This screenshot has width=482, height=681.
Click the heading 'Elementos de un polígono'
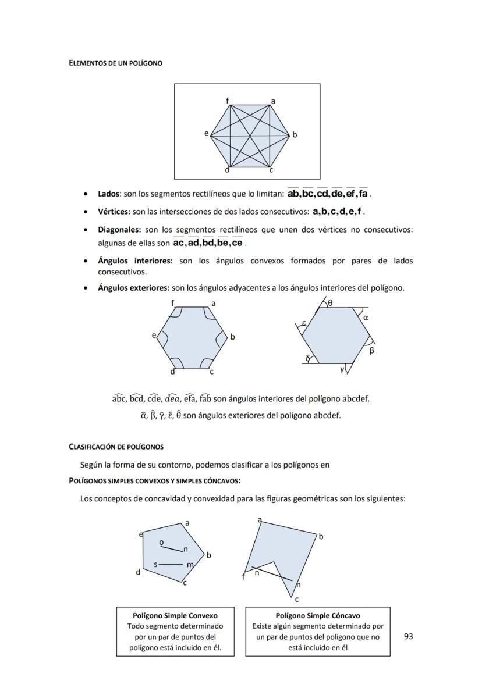[115, 63]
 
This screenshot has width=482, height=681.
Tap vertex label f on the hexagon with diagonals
[228, 101]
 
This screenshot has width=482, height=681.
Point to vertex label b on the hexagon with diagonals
[295, 135]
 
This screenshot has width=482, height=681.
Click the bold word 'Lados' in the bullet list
[108, 194]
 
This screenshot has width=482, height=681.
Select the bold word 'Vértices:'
[114, 211]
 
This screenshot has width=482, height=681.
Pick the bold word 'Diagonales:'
[119, 230]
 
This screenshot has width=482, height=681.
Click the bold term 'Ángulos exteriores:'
[133, 288]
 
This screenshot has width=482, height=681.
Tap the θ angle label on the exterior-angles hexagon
[330, 303]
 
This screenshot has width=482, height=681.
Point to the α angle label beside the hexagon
[366, 318]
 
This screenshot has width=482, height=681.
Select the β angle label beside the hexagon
[372, 350]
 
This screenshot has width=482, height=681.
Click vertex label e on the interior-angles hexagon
[154, 336]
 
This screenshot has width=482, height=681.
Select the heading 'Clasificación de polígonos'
[116, 447]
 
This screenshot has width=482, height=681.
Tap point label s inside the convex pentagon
[155, 564]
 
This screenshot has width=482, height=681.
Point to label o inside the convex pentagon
[161, 543]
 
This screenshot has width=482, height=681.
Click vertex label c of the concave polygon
[297, 599]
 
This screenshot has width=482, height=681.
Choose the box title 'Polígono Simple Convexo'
[175, 615]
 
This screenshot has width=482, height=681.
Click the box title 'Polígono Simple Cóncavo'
[317, 615]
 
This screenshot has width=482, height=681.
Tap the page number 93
[408, 636]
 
